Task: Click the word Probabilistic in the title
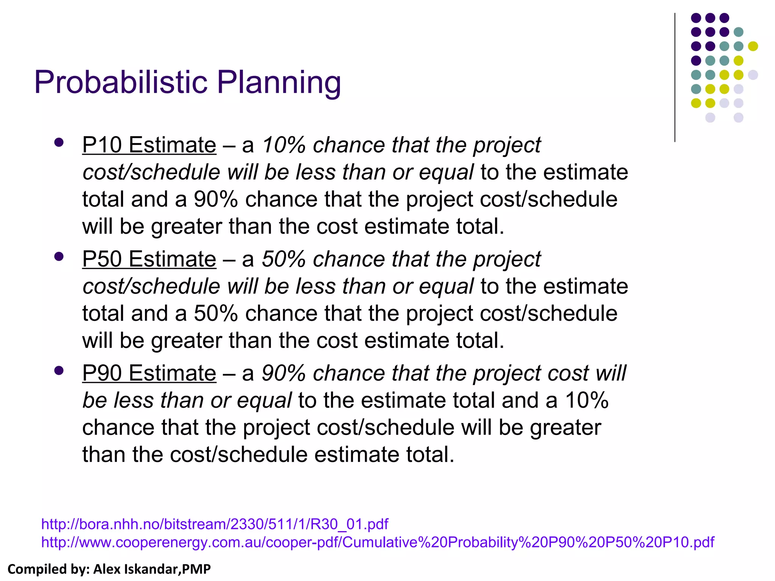click(121, 82)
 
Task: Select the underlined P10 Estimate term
click(149, 145)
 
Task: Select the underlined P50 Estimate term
click(149, 259)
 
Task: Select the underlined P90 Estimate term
click(149, 373)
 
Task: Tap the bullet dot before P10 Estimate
click(59, 143)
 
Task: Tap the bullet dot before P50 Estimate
click(59, 257)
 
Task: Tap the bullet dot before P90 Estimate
click(59, 371)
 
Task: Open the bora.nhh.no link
click(215, 524)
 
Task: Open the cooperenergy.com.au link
click(377, 542)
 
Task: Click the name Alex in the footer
click(107, 569)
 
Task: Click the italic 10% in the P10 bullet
click(283, 145)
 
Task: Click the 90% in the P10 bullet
click(216, 199)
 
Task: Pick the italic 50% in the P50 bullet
click(283, 259)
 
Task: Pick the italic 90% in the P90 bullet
click(283, 373)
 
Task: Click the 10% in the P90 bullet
click(587, 400)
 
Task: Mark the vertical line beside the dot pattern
click(675, 78)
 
